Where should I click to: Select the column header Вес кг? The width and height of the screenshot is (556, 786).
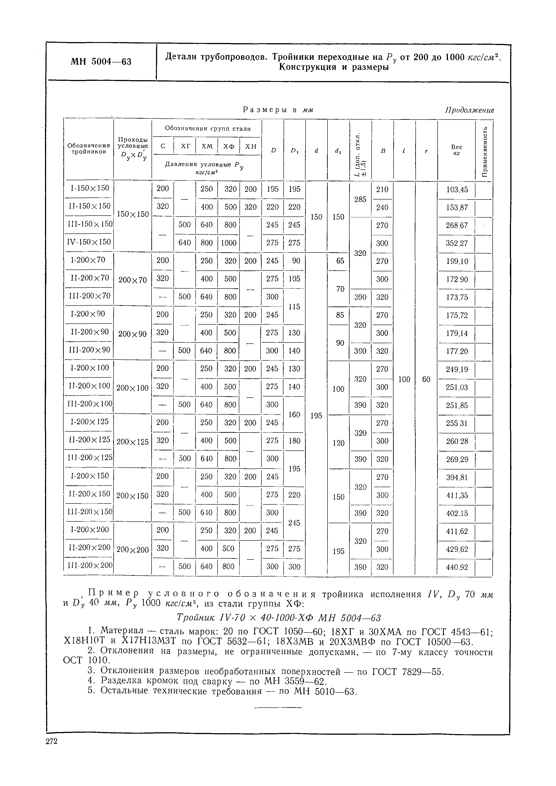click(x=456, y=150)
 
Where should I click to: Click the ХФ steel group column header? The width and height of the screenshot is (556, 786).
click(x=229, y=146)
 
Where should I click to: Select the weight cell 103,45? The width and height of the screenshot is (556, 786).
click(x=457, y=190)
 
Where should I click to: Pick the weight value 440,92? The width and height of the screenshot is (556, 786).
click(x=457, y=568)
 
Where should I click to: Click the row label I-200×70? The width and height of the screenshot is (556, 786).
click(x=88, y=260)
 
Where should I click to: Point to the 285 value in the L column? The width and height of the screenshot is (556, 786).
click(x=360, y=199)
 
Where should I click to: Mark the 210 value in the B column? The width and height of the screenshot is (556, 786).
click(x=382, y=189)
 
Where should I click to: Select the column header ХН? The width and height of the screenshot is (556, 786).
click(x=251, y=146)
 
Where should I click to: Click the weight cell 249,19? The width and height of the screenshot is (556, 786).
click(x=457, y=369)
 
